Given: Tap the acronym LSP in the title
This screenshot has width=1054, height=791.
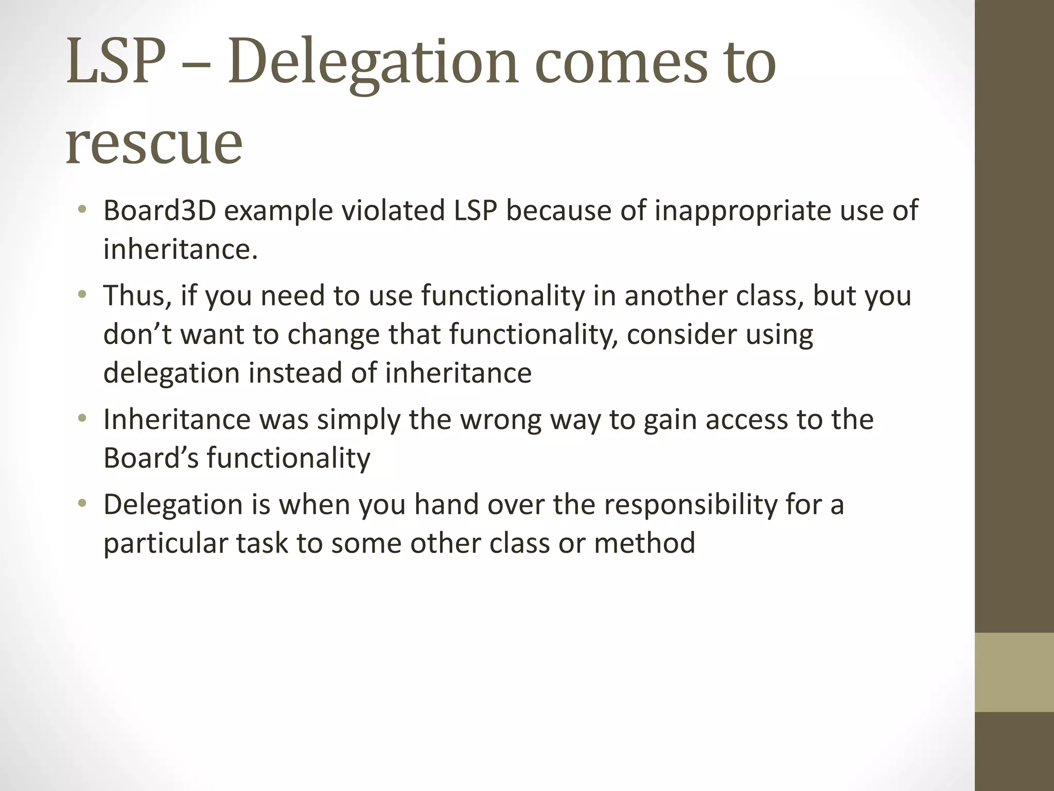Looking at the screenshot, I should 116,63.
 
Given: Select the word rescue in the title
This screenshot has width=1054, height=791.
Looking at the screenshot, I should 154,143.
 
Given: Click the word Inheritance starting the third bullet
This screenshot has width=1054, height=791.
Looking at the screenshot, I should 177,419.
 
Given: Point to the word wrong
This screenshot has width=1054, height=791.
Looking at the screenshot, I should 500,419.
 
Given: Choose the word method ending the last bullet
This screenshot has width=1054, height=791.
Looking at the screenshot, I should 644,543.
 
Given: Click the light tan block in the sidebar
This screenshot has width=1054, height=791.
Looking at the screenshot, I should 1014,672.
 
